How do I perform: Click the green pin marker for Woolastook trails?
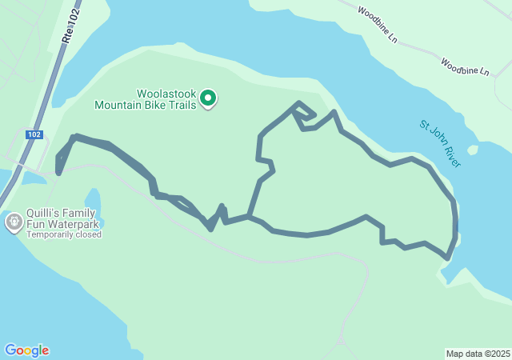pyautogui.click(x=208, y=98)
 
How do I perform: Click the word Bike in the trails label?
pyautogui.click(x=154, y=104)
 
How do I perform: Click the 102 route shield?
pyautogui.click(x=34, y=134)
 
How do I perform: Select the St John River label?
pyautogui.click(x=441, y=143)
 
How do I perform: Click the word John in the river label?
pyautogui.click(x=439, y=142)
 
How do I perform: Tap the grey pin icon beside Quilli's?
pyautogui.click(x=14, y=222)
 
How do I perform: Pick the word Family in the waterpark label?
pyautogui.click(x=79, y=213)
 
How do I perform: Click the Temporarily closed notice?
pyautogui.click(x=64, y=234)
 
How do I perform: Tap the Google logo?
pyautogui.click(x=26, y=350)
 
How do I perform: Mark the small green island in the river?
pyautogui.click(x=473, y=150)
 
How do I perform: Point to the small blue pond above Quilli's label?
pyautogui.click(x=92, y=200)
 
